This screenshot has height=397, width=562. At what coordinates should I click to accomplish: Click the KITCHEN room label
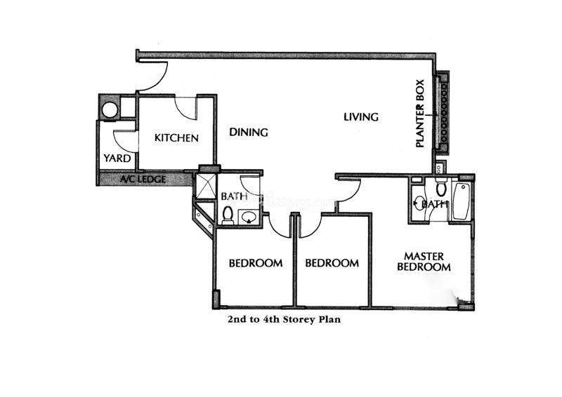(x=176, y=137)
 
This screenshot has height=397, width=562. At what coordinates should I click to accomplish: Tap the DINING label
(x=249, y=132)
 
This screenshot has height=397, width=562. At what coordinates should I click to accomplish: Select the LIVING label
(x=361, y=117)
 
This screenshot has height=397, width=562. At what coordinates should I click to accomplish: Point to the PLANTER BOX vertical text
(x=419, y=114)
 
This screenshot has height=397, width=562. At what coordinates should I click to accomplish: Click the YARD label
(x=117, y=158)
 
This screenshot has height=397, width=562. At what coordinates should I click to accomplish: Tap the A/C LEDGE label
(x=143, y=179)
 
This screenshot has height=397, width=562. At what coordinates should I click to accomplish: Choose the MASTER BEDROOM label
(x=424, y=262)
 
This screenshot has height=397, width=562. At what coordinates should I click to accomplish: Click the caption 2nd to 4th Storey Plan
(x=284, y=319)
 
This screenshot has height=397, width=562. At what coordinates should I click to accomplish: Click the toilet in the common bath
(x=228, y=215)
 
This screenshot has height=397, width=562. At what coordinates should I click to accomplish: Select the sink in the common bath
(x=248, y=217)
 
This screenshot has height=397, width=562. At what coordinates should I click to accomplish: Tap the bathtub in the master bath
(x=461, y=201)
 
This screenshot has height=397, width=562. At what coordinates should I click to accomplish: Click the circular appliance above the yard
(x=110, y=110)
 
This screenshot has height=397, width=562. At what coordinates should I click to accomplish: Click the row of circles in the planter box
(x=445, y=112)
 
